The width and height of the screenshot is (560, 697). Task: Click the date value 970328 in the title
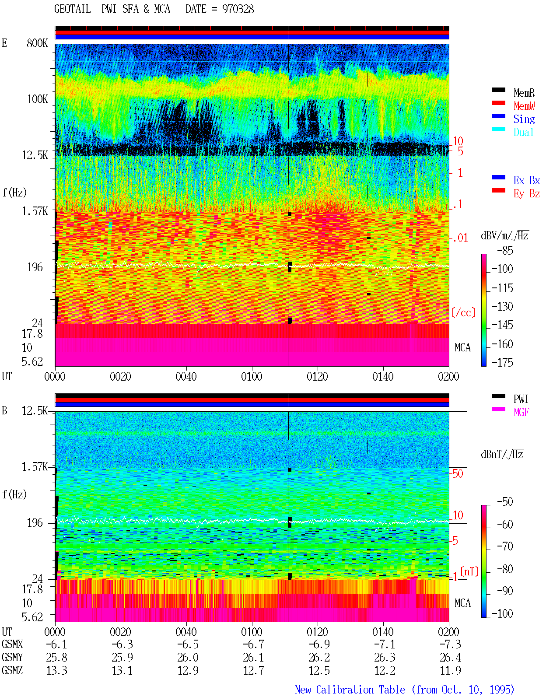point(238,9)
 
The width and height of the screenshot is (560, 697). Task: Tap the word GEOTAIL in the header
point(73,9)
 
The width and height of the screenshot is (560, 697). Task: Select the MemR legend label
point(524,93)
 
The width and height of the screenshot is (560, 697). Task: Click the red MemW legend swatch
point(498,103)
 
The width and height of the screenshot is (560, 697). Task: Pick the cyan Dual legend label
point(523,132)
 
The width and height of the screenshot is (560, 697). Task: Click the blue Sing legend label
point(524,119)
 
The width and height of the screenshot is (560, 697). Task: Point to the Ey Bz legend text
point(526,194)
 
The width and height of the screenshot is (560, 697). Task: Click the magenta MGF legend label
point(521,412)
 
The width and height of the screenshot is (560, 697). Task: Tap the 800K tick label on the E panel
point(37,43)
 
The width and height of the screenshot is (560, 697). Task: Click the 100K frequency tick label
point(37,99)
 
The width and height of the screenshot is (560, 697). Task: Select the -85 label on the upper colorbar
point(505,250)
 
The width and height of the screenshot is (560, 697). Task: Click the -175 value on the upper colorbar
point(502,362)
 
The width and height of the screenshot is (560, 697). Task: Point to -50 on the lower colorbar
point(505,502)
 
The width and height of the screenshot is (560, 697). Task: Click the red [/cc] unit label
point(463,312)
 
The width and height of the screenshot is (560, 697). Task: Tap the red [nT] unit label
point(469,571)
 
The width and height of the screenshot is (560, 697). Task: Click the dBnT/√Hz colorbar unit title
point(502,454)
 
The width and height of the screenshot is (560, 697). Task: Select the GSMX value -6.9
point(319,644)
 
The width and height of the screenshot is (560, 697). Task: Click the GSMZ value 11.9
point(450,670)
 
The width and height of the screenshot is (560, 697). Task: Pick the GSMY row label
point(12,657)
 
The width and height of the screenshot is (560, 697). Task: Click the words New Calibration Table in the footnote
point(350,690)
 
